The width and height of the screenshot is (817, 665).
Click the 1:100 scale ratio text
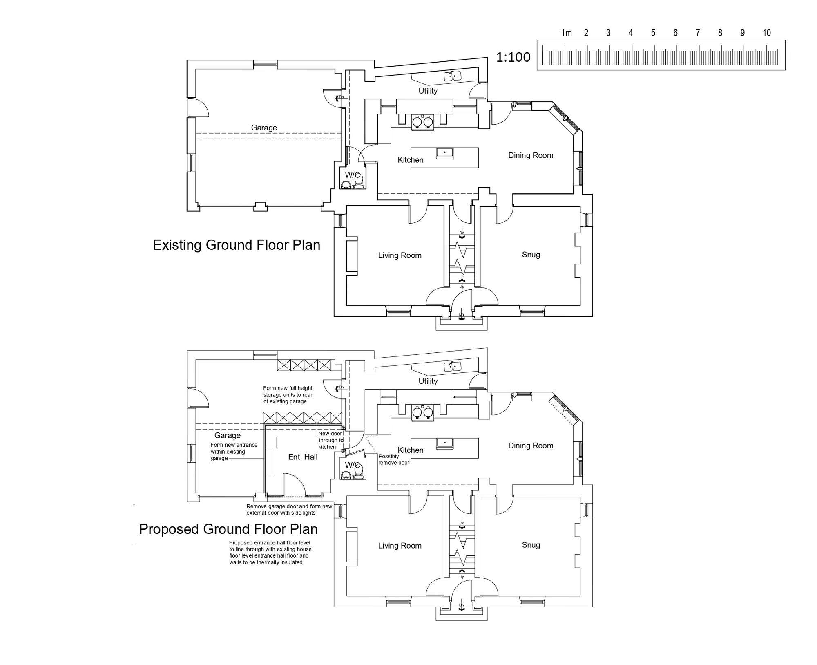tap(513, 57)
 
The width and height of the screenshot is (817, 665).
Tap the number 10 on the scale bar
tap(766, 33)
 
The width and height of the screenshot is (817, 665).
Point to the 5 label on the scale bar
tap(653, 33)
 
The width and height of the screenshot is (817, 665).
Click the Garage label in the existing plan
tap(264, 128)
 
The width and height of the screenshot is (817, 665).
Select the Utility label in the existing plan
tap(428, 91)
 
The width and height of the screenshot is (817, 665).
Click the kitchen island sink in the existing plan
tap(444, 153)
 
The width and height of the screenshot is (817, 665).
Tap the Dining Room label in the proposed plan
tap(531, 446)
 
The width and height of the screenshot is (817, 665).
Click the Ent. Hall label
tap(303, 457)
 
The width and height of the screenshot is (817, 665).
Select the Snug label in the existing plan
tap(531, 255)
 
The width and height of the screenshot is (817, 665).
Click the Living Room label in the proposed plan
tap(400, 546)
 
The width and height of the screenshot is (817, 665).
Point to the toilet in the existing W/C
tap(359, 181)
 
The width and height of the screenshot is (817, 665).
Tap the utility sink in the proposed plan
tap(453, 366)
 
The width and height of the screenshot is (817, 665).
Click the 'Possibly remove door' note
tap(394, 459)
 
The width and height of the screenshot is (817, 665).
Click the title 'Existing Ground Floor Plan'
tap(236, 245)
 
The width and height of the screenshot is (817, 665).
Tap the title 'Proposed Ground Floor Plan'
tap(228, 529)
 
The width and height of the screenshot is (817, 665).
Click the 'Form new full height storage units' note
tap(288, 395)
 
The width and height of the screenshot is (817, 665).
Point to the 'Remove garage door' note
tap(289, 510)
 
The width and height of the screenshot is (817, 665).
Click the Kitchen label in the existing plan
tap(411, 160)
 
